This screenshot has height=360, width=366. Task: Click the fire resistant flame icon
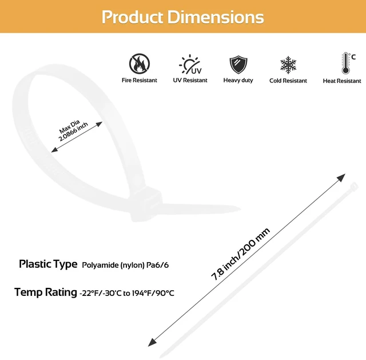(x=140, y=64)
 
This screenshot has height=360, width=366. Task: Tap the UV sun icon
(x=190, y=64)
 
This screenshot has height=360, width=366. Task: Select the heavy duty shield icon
(x=238, y=65)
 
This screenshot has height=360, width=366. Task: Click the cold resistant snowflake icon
(x=288, y=65)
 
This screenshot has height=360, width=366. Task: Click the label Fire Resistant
(x=140, y=80)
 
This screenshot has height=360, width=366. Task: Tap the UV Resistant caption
(x=190, y=80)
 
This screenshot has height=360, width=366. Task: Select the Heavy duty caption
(x=238, y=80)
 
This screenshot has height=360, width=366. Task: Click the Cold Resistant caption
(x=288, y=81)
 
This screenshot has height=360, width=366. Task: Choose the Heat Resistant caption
(x=342, y=81)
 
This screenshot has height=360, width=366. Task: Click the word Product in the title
(x=132, y=17)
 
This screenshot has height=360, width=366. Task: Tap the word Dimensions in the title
(x=216, y=17)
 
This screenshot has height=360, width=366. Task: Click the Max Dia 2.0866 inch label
(x=72, y=130)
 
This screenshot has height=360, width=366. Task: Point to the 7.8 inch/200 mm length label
(x=240, y=254)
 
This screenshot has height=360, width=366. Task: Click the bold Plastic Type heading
(x=48, y=264)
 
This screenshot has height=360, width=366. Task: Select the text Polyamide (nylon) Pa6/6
(x=125, y=265)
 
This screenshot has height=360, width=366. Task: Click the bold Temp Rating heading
(x=46, y=292)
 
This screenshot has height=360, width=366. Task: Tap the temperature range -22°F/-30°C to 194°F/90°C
(x=127, y=293)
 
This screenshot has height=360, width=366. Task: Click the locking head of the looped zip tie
(x=145, y=204)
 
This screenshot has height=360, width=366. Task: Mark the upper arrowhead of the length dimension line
(x=341, y=177)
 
